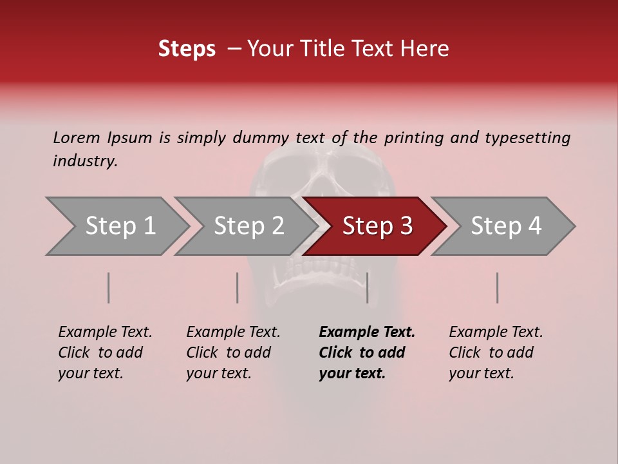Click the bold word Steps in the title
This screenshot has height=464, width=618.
point(187,49)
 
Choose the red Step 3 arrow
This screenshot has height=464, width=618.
point(377,226)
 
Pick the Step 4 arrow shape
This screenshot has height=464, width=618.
point(506,226)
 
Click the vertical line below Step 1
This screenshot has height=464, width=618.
point(109,287)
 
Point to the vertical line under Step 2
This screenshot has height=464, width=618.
point(238,287)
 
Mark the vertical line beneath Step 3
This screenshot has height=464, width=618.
point(368,287)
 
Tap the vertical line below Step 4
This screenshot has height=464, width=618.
point(498,287)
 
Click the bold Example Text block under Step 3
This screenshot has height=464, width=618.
point(366,353)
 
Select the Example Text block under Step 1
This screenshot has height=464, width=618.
point(105,353)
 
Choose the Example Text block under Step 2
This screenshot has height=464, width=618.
point(233,353)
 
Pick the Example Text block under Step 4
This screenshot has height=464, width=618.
point(496,353)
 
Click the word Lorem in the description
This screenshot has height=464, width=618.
point(76,137)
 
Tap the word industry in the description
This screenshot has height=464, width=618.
point(85,161)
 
